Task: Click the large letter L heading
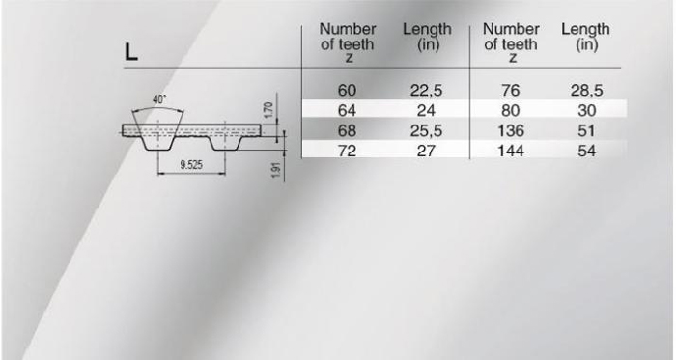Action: [131, 52]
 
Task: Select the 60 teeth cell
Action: [347, 91]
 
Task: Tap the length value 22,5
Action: [426, 91]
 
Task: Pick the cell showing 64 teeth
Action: [347, 111]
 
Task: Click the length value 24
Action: [426, 111]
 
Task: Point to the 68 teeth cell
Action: [347, 131]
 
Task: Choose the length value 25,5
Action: [426, 131]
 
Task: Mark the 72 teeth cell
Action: [347, 151]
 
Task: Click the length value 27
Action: [426, 151]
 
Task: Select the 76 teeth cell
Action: [511, 91]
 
